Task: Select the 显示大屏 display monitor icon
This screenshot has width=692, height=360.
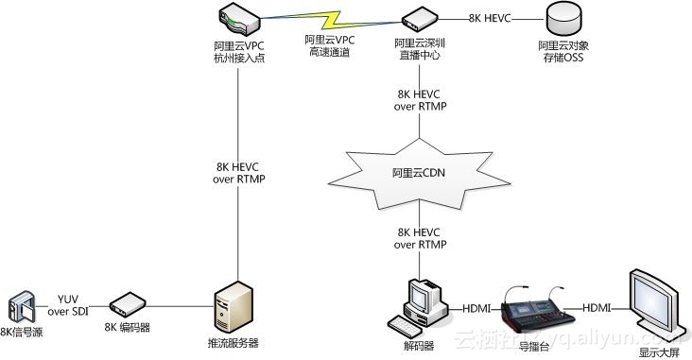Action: pos(652,302)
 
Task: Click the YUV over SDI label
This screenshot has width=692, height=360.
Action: pos(72,305)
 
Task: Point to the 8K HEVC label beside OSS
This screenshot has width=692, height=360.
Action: pos(489,18)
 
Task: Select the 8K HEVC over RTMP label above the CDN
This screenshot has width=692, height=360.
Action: pos(420,99)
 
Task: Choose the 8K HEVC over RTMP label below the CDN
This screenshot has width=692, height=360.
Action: pos(420,238)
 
